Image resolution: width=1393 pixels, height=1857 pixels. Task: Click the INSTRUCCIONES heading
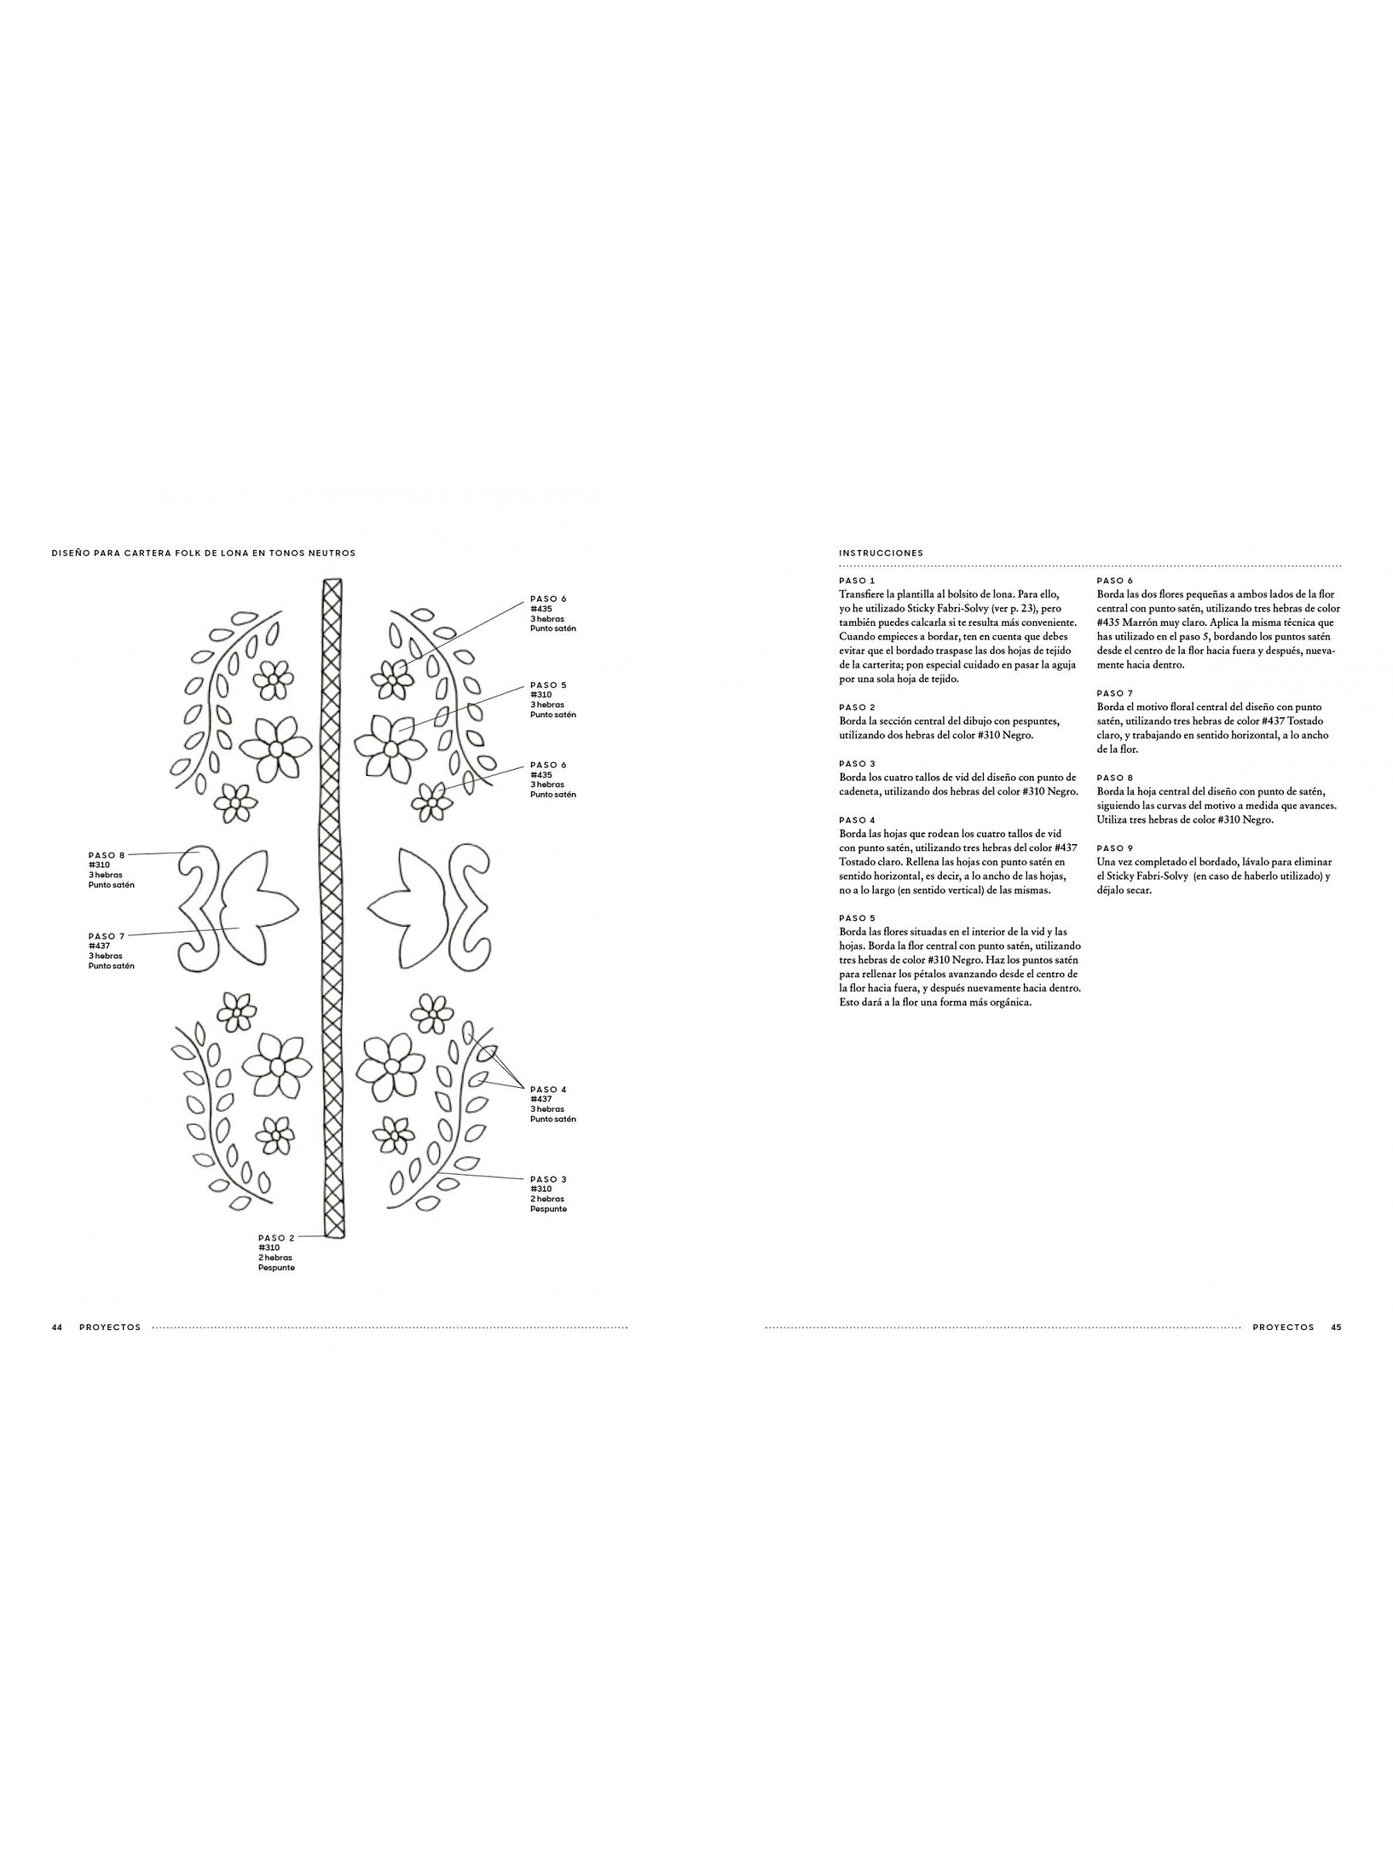click(881, 552)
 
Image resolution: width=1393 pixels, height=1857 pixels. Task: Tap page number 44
click(57, 1328)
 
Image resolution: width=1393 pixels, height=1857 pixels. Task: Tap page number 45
click(1336, 1328)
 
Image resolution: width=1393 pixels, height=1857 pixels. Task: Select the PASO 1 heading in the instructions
click(857, 581)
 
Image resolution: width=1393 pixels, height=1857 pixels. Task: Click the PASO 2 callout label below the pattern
click(276, 1237)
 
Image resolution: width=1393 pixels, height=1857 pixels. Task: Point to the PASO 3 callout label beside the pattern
click(548, 1179)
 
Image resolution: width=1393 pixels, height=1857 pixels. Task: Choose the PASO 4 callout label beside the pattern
click(548, 1089)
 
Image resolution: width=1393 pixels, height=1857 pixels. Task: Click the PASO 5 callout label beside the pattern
click(548, 685)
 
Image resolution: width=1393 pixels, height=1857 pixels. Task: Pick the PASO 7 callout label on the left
click(107, 936)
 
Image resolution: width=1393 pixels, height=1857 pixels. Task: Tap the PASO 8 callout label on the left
click(107, 854)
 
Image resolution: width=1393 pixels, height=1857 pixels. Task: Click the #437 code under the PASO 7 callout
click(99, 946)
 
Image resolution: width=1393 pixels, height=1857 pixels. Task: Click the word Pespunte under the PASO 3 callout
click(548, 1209)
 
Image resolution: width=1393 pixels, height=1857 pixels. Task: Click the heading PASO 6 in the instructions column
click(1115, 581)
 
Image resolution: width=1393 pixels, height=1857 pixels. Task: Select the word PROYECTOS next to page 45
click(1283, 1328)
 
